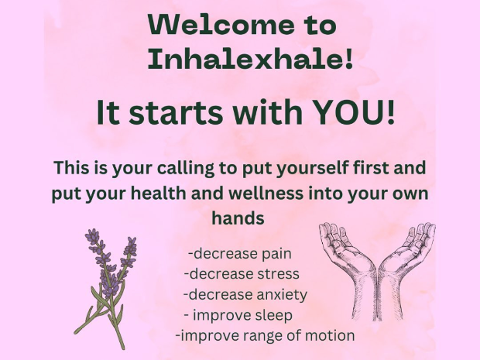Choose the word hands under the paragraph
tap(238, 218)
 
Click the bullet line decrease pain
tap(240, 254)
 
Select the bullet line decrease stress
tap(242, 274)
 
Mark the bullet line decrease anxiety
tap(245, 295)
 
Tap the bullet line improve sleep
tap(238, 315)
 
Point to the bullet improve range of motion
tap(266, 335)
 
